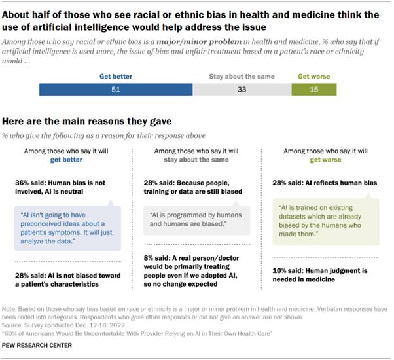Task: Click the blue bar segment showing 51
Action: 115,89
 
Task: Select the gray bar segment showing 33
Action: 242,89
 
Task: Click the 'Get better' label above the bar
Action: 115,77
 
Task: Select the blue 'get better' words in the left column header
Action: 68,158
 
